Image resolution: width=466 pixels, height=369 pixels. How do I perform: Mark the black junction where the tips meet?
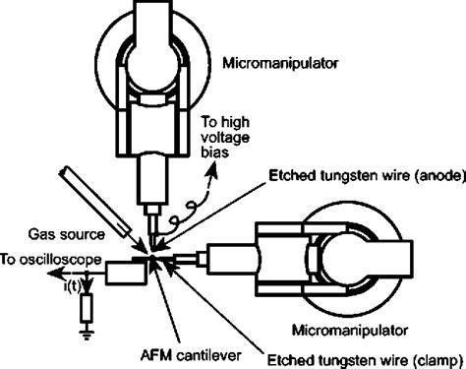pyautogui.click(x=155, y=258)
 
